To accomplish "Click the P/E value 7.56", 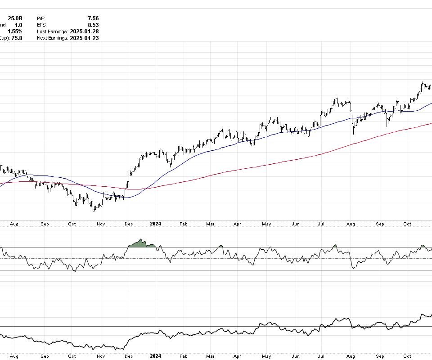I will pos(93,18).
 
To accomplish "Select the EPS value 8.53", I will pos(93,25).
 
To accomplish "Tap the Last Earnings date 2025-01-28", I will pos(85,31).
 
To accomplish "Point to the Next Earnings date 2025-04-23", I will pos(85,38).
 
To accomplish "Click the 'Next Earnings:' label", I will pos(53,38).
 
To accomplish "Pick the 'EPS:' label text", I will pos(42,25).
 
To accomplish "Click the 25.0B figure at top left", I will pos(15,18).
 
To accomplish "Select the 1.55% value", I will pos(15,31).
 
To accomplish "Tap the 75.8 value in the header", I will pos(16,38).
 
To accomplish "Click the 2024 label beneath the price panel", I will pos(155,224).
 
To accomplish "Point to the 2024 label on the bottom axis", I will pos(155,356).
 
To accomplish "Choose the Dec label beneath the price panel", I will pos(129,224).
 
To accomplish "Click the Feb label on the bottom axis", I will pos(183,356).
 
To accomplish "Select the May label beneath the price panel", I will pos(266,224).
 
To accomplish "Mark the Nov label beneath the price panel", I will pos(101,224).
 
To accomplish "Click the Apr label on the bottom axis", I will pos(238,356).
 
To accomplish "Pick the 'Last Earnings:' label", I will pos(53,31).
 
